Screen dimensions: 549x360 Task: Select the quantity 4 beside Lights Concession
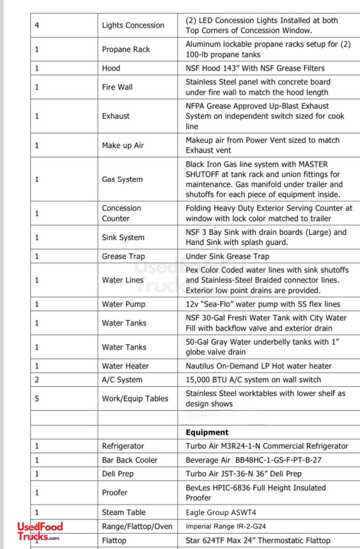[x=37, y=25]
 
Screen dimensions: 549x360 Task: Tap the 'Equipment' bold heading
[x=207, y=432]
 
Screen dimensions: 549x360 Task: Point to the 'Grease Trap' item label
[x=123, y=256]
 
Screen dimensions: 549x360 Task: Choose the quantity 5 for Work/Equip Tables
[x=37, y=398]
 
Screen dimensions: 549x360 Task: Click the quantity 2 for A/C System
[x=37, y=380]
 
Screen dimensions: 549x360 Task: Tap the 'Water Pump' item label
[x=124, y=304]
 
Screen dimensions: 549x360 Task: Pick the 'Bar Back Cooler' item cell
[x=129, y=460]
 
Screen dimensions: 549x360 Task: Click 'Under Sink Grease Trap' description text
[x=227, y=256]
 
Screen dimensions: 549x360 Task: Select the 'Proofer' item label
[x=115, y=493]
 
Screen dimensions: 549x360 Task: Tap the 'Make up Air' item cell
[x=123, y=145]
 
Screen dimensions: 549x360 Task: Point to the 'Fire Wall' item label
[x=117, y=87]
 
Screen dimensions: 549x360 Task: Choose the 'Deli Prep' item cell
[x=118, y=474]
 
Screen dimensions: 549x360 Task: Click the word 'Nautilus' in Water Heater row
[x=201, y=366]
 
